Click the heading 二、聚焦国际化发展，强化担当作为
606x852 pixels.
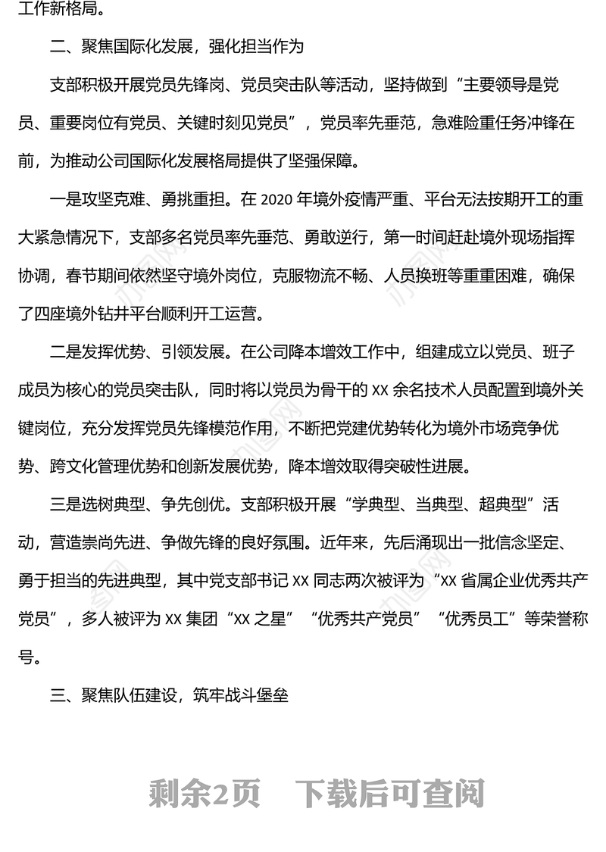coord(176,47)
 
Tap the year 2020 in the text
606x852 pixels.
coord(276,200)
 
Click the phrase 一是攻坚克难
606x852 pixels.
coord(95,200)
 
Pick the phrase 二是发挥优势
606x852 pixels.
coord(95,352)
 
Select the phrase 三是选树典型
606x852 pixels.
coord(95,504)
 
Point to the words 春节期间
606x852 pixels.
coord(120,276)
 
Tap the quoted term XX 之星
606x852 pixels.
coord(264,619)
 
